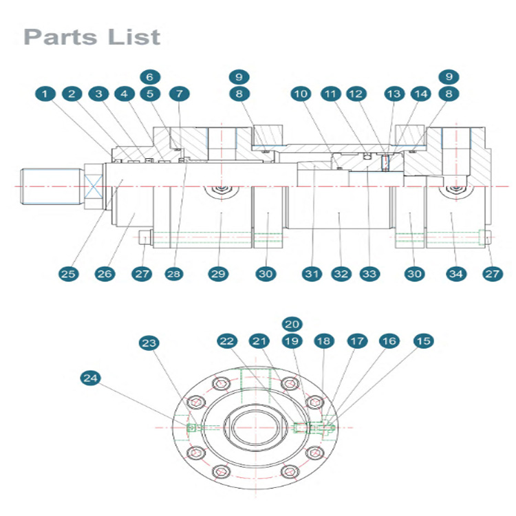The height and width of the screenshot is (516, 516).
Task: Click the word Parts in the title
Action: [61, 37]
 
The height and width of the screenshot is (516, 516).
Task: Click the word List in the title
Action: [134, 37]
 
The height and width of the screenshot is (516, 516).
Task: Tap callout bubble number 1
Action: [45, 94]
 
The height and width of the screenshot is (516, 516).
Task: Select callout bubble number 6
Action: [150, 77]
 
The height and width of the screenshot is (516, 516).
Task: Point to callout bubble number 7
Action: [180, 94]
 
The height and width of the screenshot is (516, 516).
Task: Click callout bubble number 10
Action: [301, 94]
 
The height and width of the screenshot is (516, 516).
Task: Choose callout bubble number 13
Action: [394, 94]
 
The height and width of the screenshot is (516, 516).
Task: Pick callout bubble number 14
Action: [421, 94]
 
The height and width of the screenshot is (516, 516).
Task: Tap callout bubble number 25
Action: [68, 274]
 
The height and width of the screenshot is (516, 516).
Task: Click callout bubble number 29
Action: [219, 274]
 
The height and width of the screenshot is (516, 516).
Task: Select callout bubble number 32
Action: [341, 274]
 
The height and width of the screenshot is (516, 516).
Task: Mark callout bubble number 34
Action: [456, 274]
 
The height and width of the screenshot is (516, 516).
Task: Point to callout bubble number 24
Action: [91, 378]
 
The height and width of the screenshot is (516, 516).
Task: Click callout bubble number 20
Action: [292, 324]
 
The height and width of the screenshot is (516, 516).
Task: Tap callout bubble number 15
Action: [424, 341]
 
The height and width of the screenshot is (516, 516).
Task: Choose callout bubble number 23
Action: [149, 343]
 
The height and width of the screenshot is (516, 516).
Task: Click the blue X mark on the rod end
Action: [94, 186]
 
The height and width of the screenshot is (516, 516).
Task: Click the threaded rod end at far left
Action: [51, 186]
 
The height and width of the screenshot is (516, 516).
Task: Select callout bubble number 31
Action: [312, 274]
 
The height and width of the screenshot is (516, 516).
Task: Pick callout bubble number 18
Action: [324, 341]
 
